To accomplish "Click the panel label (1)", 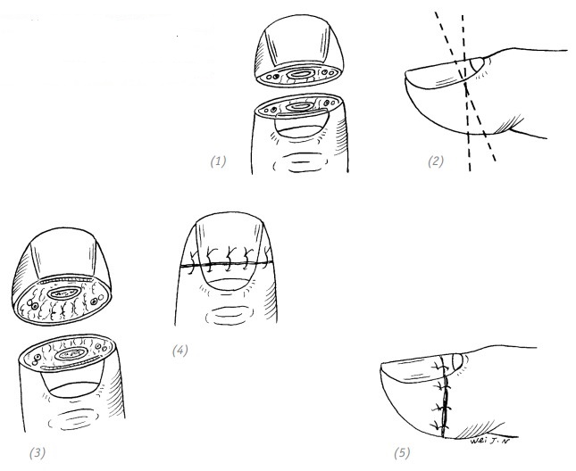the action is click(218, 161).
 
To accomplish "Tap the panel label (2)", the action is click(435, 161).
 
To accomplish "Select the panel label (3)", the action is click(38, 453).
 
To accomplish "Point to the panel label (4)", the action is click(180, 351).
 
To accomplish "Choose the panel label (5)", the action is click(402, 453).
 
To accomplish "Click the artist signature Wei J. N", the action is click(490, 441).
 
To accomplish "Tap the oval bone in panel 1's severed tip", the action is click(300, 74).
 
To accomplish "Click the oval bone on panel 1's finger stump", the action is click(300, 107).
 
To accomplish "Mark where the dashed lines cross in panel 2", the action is click(466, 86).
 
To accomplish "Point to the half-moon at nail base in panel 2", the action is click(477, 65).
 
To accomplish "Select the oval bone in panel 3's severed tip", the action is click(64, 293).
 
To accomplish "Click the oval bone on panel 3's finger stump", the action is click(71, 354).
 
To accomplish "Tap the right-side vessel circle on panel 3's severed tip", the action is click(95, 302).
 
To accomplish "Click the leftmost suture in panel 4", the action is click(192, 262).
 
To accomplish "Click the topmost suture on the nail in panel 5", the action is click(442, 367).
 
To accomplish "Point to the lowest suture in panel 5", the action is click(439, 426).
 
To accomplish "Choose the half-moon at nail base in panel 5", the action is click(457, 361).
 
